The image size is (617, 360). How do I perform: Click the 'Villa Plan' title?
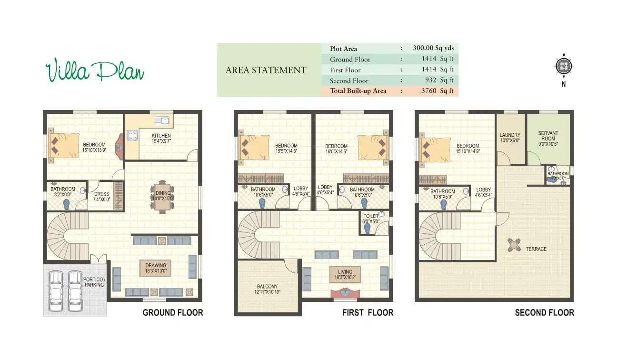point(94,71)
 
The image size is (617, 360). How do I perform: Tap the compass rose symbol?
point(564,66)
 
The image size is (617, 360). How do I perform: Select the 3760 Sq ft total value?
point(438,91)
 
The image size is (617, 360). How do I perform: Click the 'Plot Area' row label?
point(343,49)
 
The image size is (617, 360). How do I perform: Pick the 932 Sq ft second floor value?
point(438,80)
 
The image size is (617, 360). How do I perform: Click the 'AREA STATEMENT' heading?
point(266,70)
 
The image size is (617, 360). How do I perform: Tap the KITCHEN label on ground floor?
point(161,139)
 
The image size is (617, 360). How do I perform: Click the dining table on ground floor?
point(162,195)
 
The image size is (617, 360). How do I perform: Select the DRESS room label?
point(101,197)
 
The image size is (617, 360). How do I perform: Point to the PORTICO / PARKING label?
point(94,282)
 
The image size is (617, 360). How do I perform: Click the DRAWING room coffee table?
point(156,268)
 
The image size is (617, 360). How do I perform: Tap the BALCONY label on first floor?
point(267,290)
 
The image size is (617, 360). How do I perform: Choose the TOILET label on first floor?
point(371,219)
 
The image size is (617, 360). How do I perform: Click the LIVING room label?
point(345,274)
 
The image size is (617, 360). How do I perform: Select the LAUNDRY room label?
point(510,138)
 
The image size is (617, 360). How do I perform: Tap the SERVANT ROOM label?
point(548,139)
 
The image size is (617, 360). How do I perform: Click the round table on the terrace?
point(514,245)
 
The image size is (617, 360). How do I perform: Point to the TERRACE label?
point(536,249)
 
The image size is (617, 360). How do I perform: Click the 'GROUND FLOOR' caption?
point(173,313)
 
